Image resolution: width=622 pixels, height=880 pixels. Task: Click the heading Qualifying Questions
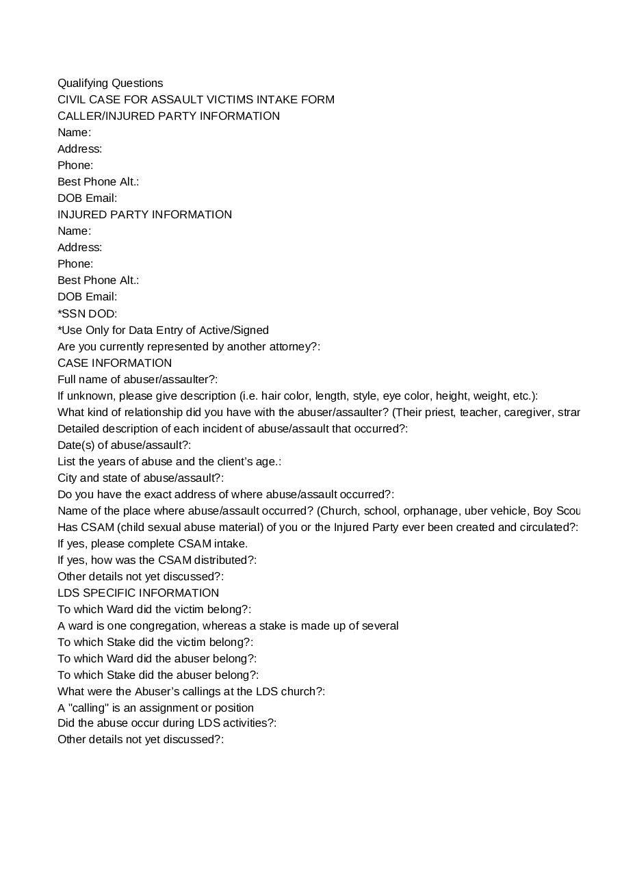pos(110,83)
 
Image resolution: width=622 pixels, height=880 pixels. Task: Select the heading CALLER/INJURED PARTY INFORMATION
pos(168,116)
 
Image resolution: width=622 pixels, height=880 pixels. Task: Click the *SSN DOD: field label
pos(87,313)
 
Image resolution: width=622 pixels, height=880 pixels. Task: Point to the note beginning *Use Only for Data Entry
pos(163,331)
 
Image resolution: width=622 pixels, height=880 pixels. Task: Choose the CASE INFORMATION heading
pos(114,363)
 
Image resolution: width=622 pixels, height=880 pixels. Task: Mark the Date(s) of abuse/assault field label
pos(124,445)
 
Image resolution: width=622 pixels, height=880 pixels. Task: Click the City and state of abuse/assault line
pos(140,478)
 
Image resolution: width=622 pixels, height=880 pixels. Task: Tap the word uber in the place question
pos(476,511)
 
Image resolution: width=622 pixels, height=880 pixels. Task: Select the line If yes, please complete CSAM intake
pos(153,544)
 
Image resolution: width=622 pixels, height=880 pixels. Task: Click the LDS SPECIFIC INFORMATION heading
pos(138,593)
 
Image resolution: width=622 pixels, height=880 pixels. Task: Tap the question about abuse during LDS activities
pos(167,723)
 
